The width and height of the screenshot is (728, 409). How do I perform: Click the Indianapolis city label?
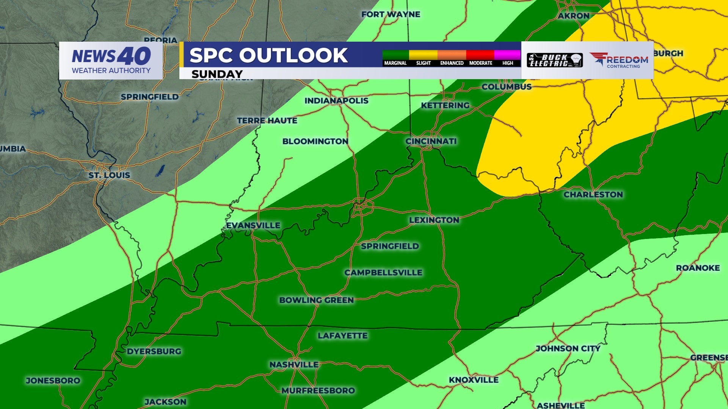click(336, 101)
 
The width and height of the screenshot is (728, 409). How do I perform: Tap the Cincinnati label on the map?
click(431, 141)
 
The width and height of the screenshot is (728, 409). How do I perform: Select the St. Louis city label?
click(109, 175)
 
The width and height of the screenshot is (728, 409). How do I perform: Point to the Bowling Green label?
click(317, 300)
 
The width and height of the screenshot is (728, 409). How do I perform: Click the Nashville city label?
click(294, 365)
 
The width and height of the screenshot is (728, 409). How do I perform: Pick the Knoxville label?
click(474, 380)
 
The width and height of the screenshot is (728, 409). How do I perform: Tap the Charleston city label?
click(593, 195)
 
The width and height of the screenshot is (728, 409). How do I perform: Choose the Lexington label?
click(434, 220)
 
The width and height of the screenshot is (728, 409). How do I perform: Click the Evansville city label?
click(253, 225)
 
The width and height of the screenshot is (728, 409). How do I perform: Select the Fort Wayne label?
click(391, 14)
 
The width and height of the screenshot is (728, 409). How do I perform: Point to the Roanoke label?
click(698, 268)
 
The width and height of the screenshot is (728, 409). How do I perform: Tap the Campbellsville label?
click(383, 273)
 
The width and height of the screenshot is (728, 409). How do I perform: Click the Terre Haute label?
click(267, 121)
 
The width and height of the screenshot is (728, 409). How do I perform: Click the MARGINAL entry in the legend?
click(395, 63)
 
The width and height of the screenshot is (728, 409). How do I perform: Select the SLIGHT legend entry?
click(424, 63)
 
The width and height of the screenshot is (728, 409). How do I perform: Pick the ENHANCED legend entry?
click(452, 63)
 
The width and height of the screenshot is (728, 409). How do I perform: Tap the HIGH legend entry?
click(508, 63)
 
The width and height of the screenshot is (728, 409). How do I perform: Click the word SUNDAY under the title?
click(217, 74)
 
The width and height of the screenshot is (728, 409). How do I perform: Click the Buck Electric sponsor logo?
click(555, 60)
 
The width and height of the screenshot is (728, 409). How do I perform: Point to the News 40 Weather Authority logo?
click(111, 61)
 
